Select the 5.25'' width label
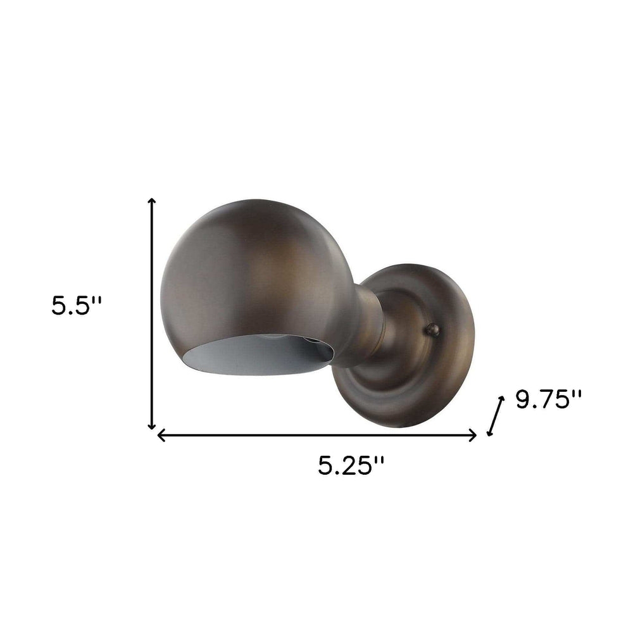[351, 467]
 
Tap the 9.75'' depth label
[548, 400]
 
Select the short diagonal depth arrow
[495, 416]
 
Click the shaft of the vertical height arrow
[152, 316]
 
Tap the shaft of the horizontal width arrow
[316, 435]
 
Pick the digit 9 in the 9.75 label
[523, 401]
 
